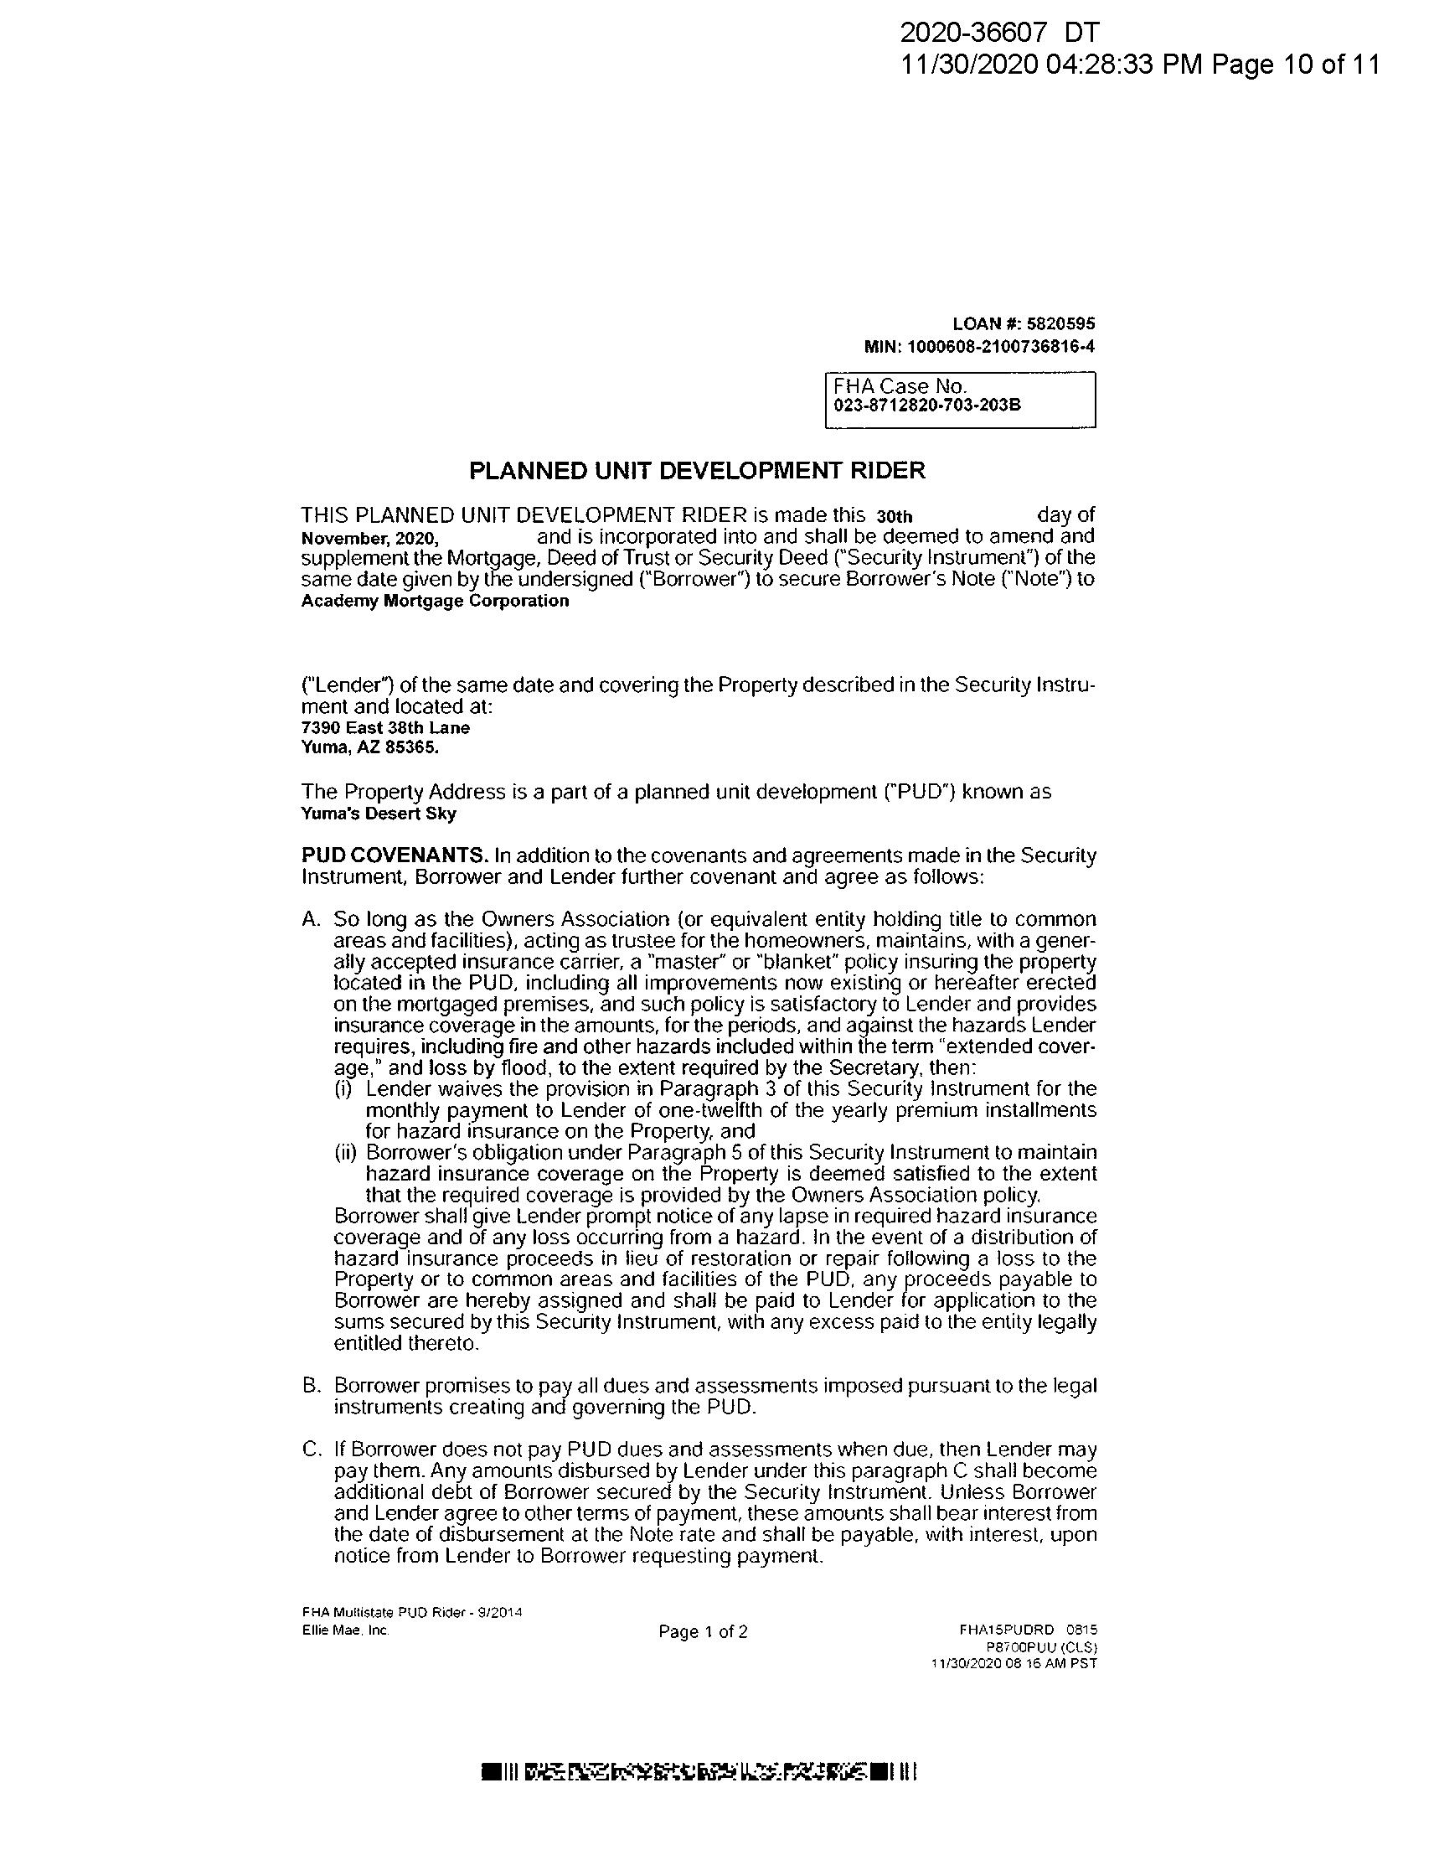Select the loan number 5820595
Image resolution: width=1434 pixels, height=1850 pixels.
point(1060,323)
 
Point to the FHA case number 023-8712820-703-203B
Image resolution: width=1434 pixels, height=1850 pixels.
point(926,405)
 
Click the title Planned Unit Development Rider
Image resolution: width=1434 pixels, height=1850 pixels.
point(697,471)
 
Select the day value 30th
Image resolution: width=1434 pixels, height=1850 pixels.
point(895,517)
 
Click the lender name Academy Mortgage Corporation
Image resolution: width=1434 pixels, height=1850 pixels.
point(435,602)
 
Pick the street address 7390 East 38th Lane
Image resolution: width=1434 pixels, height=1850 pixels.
point(385,727)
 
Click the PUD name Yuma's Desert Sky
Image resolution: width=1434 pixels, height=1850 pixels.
point(379,814)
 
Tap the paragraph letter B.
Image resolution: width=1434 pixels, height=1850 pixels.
point(311,1387)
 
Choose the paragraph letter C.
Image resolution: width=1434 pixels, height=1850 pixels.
point(311,1450)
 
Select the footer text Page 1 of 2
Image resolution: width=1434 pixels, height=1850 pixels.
point(703,1632)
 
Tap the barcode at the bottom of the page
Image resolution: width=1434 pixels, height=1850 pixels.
point(699,1772)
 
